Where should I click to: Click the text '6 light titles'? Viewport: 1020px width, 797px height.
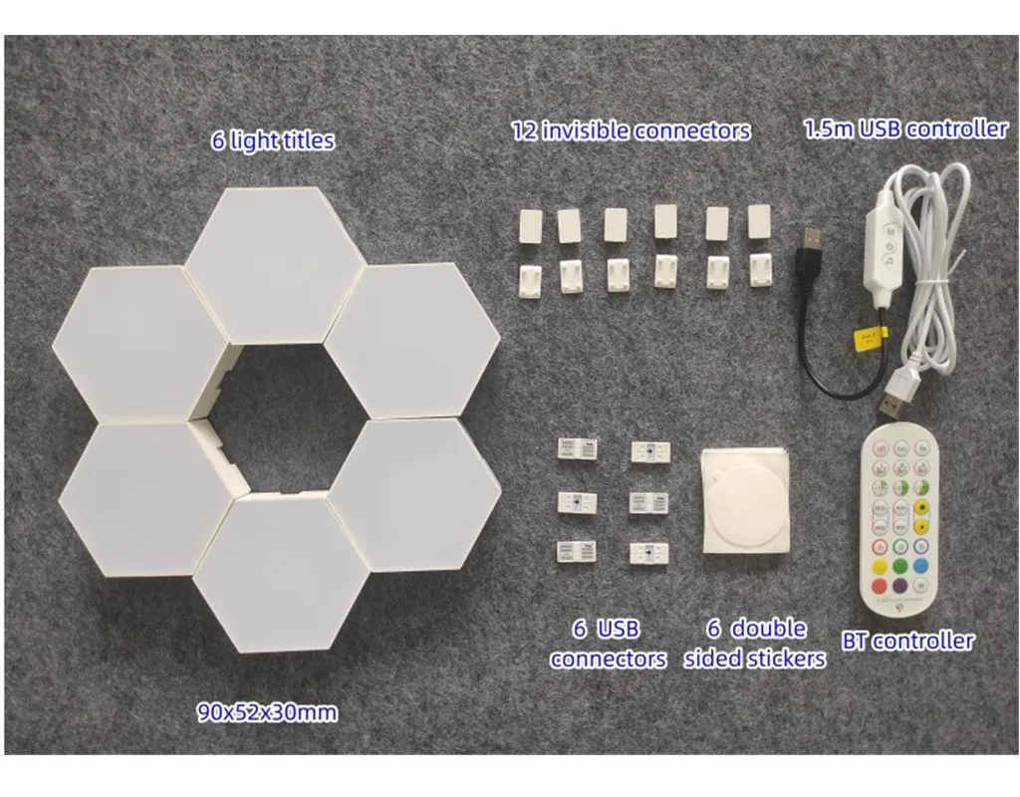(x=272, y=139)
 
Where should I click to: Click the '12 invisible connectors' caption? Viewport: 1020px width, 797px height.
(x=631, y=131)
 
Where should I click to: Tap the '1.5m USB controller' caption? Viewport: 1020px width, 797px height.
(x=904, y=129)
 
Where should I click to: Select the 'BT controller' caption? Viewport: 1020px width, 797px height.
(x=908, y=641)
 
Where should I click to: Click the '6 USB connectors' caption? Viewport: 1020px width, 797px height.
(x=607, y=644)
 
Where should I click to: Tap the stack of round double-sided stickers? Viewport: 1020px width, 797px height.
(x=741, y=497)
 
